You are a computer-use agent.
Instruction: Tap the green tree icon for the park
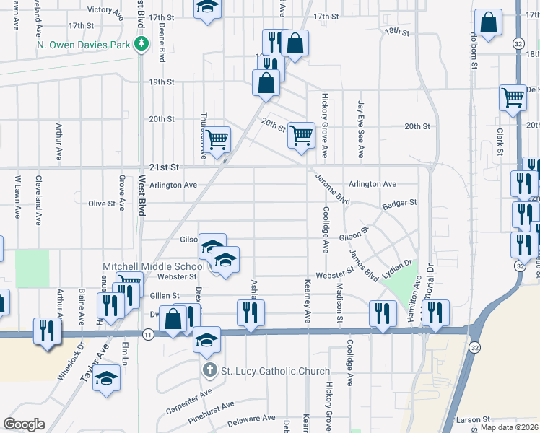(x=142, y=43)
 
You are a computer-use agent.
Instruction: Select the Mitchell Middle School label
(x=154, y=266)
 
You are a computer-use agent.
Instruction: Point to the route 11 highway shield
(x=147, y=334)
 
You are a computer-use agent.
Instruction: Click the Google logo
(x=24, y=424)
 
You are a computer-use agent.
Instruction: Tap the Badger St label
(x=400, y=204)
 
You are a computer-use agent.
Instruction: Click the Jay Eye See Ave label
(x=360, y=130)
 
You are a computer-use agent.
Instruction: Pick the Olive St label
(x=102, y=204)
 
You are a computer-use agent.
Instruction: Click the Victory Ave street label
(x=105, y=10)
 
